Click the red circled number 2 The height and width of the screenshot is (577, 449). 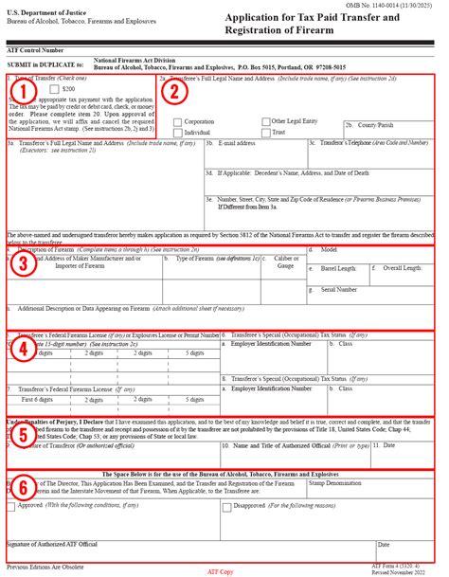[173, 91]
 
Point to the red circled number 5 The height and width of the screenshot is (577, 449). [25, 434]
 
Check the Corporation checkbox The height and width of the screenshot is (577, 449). [178, 121]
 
